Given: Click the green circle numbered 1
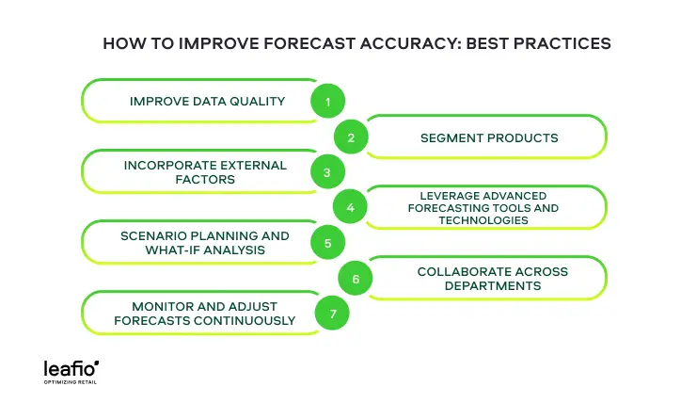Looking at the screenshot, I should (x=328, y=102).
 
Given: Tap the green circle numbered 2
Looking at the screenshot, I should (x=351, y=137).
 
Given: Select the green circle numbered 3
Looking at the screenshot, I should (x=326, y=172).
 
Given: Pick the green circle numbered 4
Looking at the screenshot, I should (x=350, y=207).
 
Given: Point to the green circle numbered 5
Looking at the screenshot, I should (x=327, y=243).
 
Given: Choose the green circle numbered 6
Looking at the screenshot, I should (x=356, y=279).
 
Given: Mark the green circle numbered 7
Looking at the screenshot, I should (x=332, y=314).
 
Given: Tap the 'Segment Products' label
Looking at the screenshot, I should (x=488, y=137).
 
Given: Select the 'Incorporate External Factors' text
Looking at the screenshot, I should (x=205, y=171).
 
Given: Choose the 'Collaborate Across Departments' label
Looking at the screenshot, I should (x=492, y=278).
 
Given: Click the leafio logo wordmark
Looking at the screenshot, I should (x=71, y=368).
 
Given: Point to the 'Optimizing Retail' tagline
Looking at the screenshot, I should (x=71, y=382).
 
